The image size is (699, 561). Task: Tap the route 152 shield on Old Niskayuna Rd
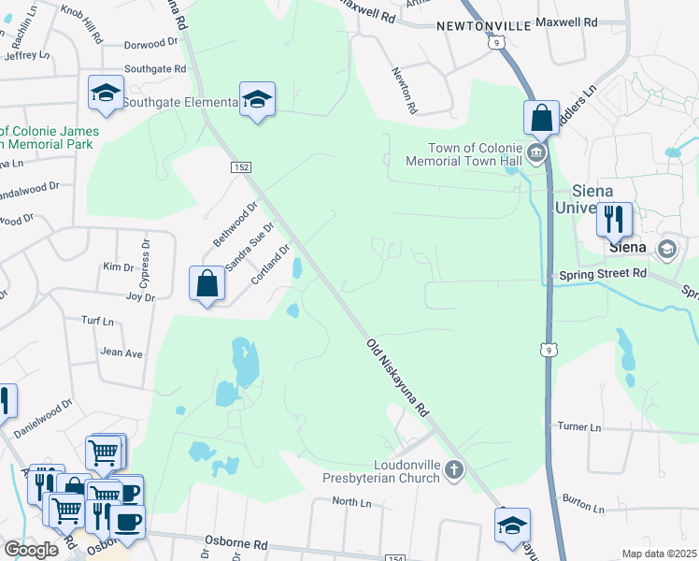coord(241,166)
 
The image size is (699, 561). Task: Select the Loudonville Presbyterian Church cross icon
coord(454,469)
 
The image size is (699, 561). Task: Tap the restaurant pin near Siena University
coord(614,220)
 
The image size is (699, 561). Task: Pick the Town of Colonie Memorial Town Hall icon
coord(536,152)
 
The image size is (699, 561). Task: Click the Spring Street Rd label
coord(603,274)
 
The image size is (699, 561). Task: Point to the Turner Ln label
coord(579,426)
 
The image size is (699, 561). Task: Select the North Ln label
coord(351,502)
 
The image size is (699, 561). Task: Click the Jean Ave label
coord(121,353)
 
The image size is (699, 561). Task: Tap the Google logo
coord(30,550)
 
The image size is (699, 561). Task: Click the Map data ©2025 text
coord(659,554)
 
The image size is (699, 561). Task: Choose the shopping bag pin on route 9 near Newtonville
coord(541,118)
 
